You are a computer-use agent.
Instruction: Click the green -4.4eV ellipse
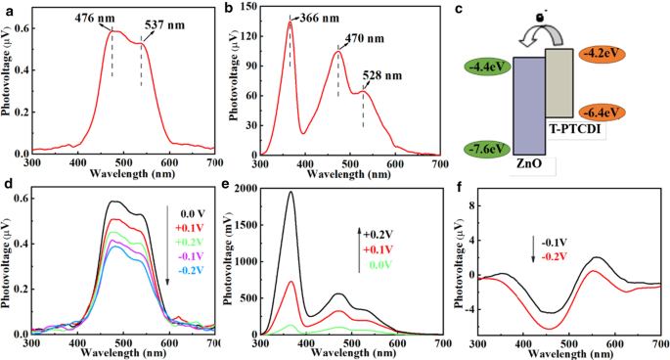[x=484, y=68]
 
